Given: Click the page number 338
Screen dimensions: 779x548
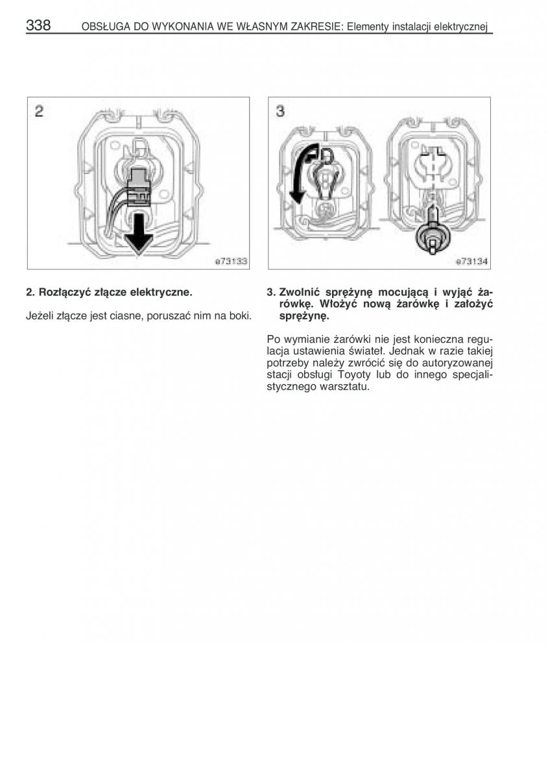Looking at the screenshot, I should (38, 25).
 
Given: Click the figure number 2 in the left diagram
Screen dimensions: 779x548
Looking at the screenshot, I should (39, 112).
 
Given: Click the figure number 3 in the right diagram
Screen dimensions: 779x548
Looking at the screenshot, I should (280, 112).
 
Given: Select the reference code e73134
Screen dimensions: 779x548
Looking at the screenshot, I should (471, 262).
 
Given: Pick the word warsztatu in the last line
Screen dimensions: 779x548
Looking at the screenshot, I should (345, 387).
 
